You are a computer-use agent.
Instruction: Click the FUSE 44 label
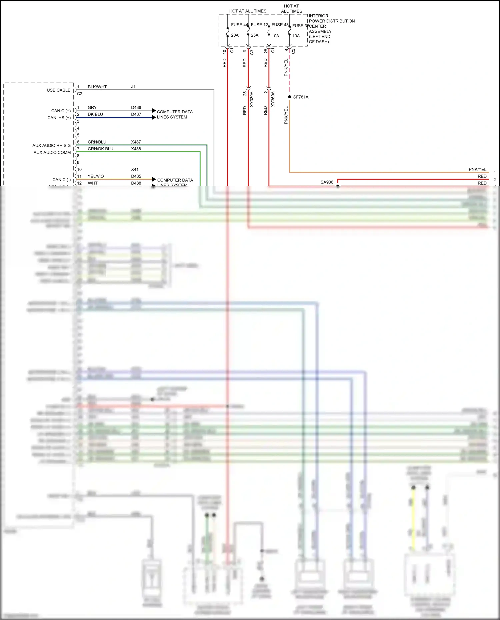click(x=239, y=25)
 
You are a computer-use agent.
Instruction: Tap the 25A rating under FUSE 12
click(x=254, y=35)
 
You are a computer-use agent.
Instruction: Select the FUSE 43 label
click(x=280, y=25)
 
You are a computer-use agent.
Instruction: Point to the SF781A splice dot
click(x=290, y=97)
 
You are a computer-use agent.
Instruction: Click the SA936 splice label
click(x=327, y=182)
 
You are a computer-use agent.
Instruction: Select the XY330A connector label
click(x=252, y=99)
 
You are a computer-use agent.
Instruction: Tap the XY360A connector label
click(x=273, y=99)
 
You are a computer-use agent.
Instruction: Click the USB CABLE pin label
click(x=58, y=90)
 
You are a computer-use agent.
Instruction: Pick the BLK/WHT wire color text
click(x=97, y=87)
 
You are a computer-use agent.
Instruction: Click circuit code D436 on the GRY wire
click(x=136, y=107)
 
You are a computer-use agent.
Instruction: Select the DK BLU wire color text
click(x=95, y=114)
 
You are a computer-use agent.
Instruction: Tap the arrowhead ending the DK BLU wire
click(x=154, y=117)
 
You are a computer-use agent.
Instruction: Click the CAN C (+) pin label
click(x=61, y=111)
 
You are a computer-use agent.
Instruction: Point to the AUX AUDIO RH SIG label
click(x=51, y=145)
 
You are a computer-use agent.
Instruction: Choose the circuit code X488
click(x=136, y=149)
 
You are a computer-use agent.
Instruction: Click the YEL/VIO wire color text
click(x=96, y=176)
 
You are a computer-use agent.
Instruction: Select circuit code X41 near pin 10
click(x=135, y=169)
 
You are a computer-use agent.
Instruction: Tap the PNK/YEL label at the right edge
click(x=477, y=169)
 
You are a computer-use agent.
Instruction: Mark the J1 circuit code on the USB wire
click(x=133, y=87)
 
